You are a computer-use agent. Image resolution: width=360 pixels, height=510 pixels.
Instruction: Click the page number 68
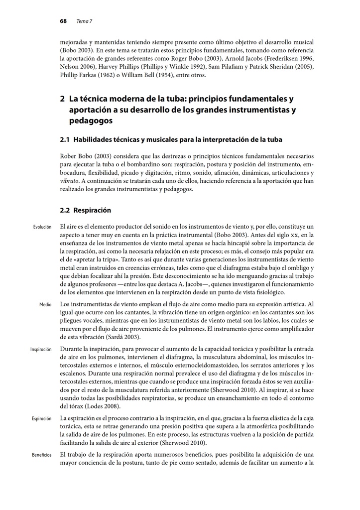[63, 21]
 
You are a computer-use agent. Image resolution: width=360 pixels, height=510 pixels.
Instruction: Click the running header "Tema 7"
[85, 21]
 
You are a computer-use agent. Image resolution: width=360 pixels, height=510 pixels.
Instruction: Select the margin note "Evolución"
[42, 227]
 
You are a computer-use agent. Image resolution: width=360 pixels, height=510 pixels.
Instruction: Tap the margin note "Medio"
[46, 304]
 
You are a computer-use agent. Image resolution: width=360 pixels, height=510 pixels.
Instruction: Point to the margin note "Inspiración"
[41, 350]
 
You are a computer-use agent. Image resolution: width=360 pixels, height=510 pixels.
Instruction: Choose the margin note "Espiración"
[41, 419]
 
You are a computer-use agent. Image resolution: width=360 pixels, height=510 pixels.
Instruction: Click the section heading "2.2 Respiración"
[85, 210]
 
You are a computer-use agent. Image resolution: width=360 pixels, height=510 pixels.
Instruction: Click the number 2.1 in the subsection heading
[64, 139]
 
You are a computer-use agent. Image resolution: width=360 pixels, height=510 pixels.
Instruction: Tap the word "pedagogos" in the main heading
[91, 121]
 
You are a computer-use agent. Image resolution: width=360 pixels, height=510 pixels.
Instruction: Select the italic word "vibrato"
[68, 181]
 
